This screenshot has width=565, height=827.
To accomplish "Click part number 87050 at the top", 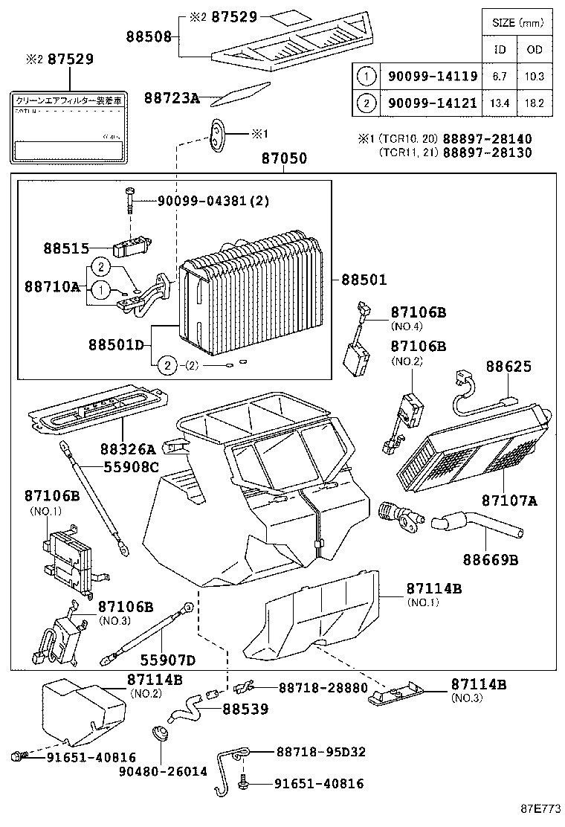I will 284,159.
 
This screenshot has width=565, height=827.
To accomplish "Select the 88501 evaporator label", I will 364,280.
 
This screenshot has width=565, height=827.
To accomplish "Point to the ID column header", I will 500,50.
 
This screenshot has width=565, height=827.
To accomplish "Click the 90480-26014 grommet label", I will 163,771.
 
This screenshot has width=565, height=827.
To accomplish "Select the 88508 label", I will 148,35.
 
